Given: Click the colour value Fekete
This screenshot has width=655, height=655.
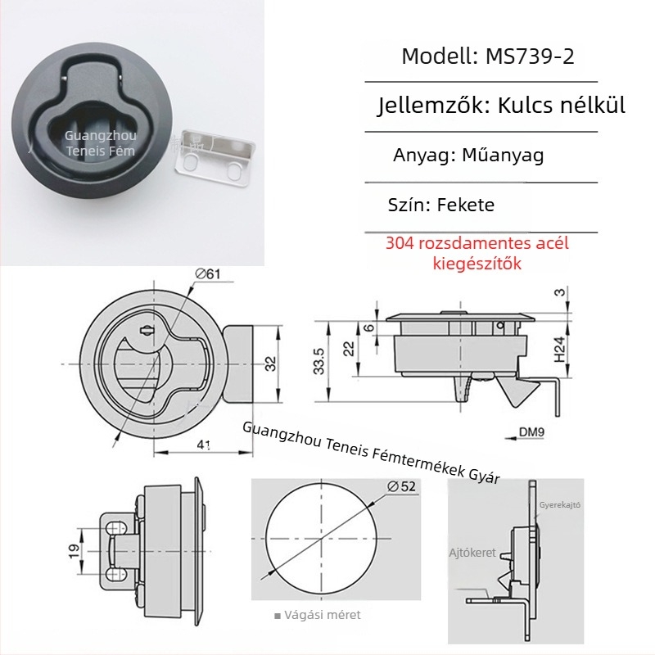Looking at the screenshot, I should click(466, 205).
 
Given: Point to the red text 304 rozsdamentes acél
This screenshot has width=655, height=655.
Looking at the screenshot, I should click(477, 243).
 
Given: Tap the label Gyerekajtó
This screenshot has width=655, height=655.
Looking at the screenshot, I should click(559, 505).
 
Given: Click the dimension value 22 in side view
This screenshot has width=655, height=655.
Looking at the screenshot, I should click(350, 348).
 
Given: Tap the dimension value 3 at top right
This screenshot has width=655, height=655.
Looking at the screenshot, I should click(558, 292).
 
